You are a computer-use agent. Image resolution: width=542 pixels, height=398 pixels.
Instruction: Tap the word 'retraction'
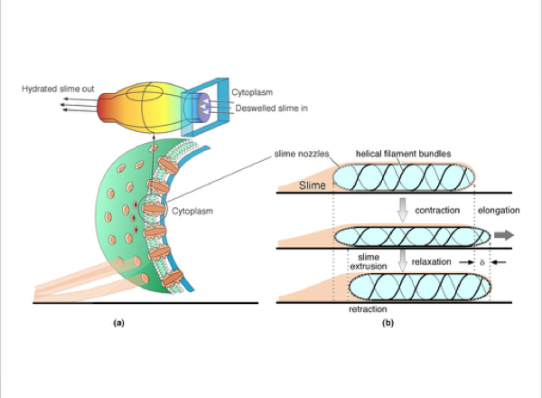click(368, 309)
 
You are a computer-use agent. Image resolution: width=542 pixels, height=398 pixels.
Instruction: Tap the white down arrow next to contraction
click(404, 210)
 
